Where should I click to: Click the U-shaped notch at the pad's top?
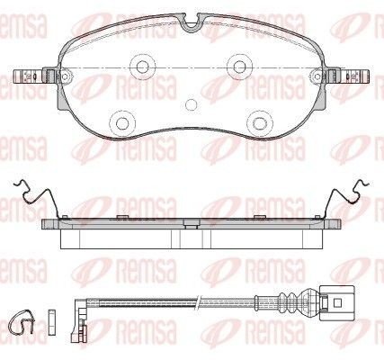192,24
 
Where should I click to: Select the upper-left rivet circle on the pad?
143,67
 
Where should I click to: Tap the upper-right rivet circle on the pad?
239,67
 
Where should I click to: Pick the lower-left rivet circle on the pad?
122,122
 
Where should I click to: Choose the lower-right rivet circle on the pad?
260,122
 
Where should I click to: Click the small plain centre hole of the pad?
191,104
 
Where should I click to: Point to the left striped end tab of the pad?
29,76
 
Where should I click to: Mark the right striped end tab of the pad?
353,76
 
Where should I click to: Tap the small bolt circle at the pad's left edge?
65,76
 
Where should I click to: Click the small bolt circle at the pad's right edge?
317,76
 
